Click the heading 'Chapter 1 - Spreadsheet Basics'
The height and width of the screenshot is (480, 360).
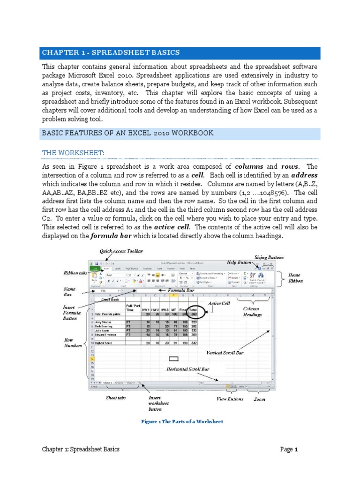111,52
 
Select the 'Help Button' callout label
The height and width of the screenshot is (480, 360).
239,262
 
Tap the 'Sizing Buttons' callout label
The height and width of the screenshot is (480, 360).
269,257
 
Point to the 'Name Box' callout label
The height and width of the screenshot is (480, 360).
69,292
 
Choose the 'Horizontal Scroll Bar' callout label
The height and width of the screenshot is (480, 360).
188,369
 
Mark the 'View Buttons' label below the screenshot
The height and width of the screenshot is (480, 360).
230,399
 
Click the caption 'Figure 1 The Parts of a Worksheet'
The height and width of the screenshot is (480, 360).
182,421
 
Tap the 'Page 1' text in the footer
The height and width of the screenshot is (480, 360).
289,449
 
